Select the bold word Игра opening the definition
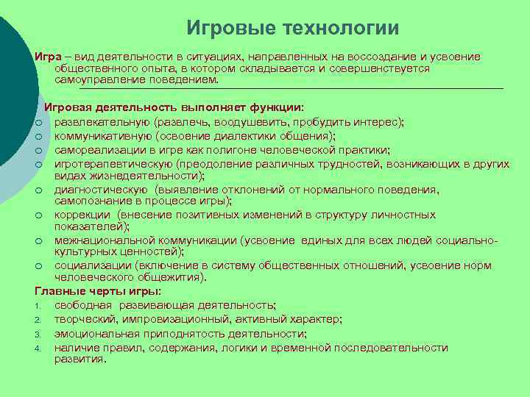point(46,57)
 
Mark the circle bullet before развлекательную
point(38,122)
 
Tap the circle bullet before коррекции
point(38,215)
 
